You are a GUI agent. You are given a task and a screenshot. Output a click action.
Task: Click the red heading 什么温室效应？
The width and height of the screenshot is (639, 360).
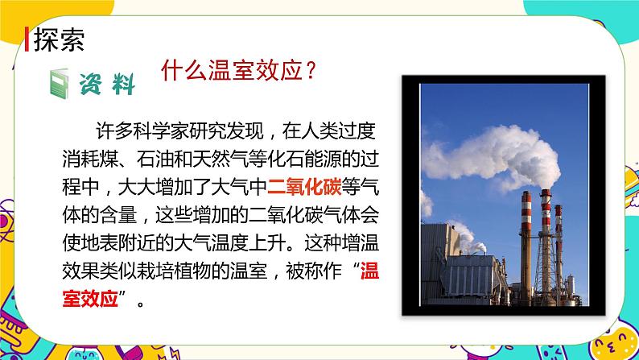tap(237, 71)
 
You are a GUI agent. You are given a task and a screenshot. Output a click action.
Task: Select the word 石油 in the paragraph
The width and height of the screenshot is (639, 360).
tap(167, 158)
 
